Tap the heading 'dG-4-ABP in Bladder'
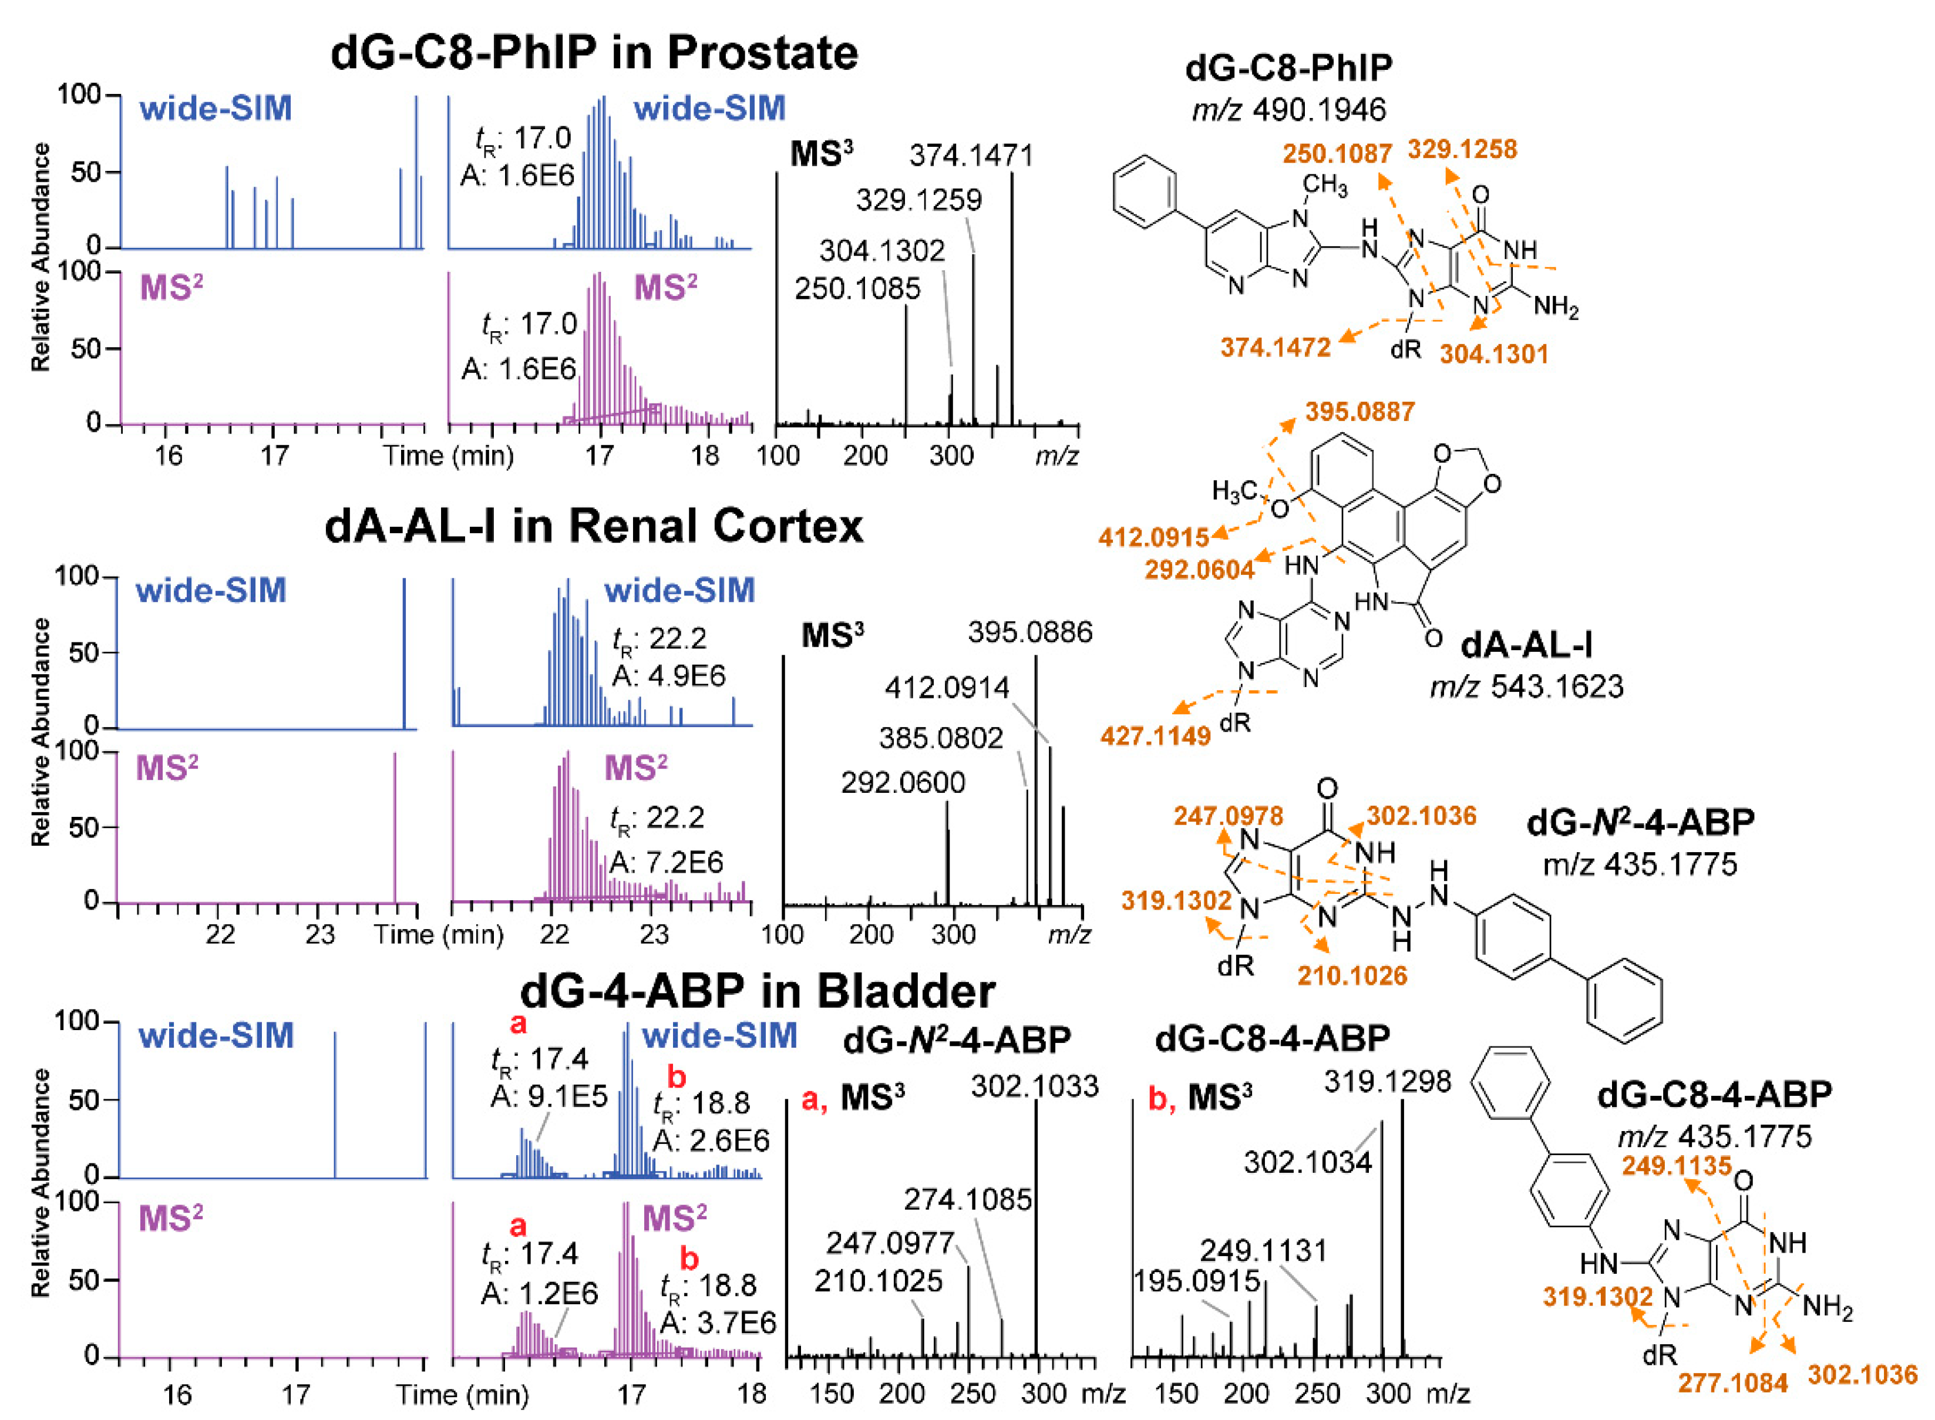[x=758, y=991]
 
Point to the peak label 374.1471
[x=971, y=156]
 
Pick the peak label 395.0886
[x=1030, y=632]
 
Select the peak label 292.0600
[x=903, y=782]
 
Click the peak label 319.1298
[x=1388, y=1081]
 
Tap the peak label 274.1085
[x=967, y=1199]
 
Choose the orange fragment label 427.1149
[x=1155, y=736]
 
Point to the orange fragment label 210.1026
[x=1352, y=975]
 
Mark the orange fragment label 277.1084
[x=1733, y=1383]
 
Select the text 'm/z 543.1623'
[x=1527, y=687]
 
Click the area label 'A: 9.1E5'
[x=548, y=1096]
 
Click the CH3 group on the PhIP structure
[x=1325, y=185]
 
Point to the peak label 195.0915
[x=1197, y=1281]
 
